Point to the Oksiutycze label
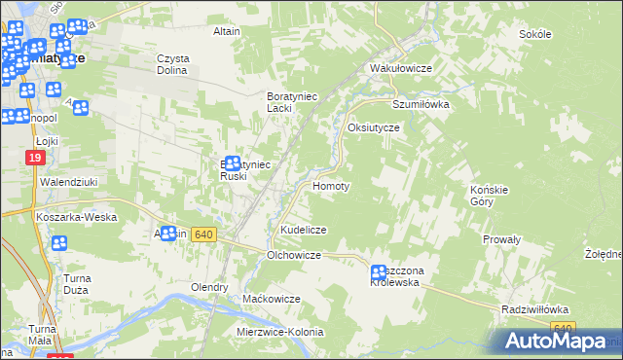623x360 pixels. click(x=374, y=127)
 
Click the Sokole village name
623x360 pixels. click(x=535, y=34)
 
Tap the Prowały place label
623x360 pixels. click(x=502, y=238)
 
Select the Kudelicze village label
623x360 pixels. click(x=303, y=229)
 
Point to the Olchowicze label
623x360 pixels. click(x=294, y=255)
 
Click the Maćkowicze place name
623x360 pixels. click(x=272, y=298)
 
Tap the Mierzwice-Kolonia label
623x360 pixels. click(x=279, y=332)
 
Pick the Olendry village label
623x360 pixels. click(x=209, y=288)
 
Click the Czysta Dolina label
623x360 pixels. click(x=173, y=63)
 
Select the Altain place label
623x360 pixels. click(x=227, y=31)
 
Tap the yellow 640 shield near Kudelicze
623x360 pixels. click(x=202, y=234)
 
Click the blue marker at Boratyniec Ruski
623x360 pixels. click(x=233, y=164)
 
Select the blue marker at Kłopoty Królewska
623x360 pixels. click(x=379, y=274)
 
